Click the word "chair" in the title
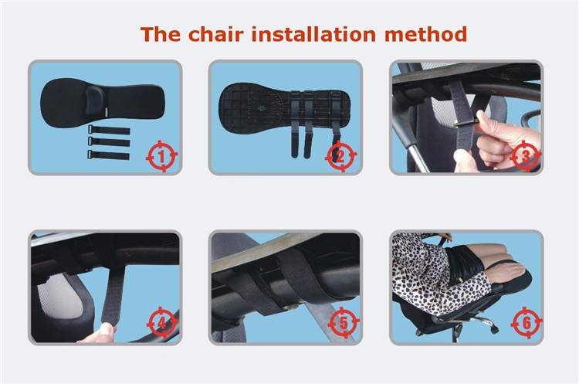[216, 34]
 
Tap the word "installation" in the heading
[314, 34]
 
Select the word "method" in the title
[425, 34]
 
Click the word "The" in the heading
[161, 34]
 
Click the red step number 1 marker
[162, 156]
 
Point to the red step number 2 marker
[340, 156]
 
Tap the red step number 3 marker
[526, 156]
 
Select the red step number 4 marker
[162, 323]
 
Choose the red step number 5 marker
[344, 323]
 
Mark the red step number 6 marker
[527, 323]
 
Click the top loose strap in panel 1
[109, 130]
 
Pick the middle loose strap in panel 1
[109, 142]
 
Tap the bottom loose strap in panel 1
[109, 155]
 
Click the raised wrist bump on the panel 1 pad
[95, 100]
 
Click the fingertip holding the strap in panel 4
[107, 328]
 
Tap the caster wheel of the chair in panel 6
[494, 328]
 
